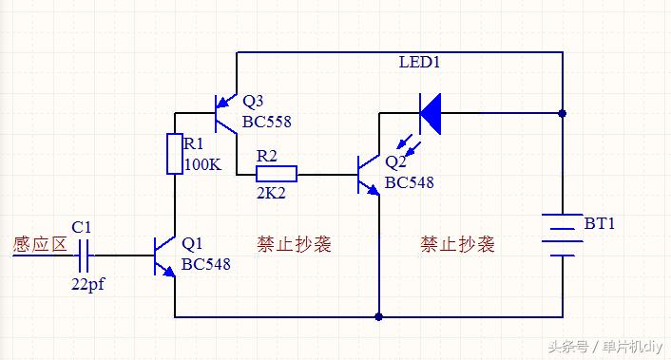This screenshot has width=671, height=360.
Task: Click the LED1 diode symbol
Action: click(431, 113)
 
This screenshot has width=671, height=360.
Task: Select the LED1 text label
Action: click(420, 63)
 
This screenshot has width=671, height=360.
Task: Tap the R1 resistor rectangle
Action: click(175, 154)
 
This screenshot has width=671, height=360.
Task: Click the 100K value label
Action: click(202, 164)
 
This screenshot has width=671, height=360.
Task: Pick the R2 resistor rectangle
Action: click(276, 174)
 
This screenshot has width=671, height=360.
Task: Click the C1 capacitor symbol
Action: click(83, 256)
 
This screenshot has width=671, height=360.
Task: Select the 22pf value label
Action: click(87, 283)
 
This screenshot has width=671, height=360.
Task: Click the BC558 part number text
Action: click(266, 122)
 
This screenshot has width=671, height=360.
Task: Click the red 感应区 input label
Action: click(39, 243)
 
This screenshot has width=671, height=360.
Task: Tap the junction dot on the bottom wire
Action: click(379, 316)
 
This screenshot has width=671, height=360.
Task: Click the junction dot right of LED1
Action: click(563, 113)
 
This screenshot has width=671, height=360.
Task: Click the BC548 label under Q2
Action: click(409, 181)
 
